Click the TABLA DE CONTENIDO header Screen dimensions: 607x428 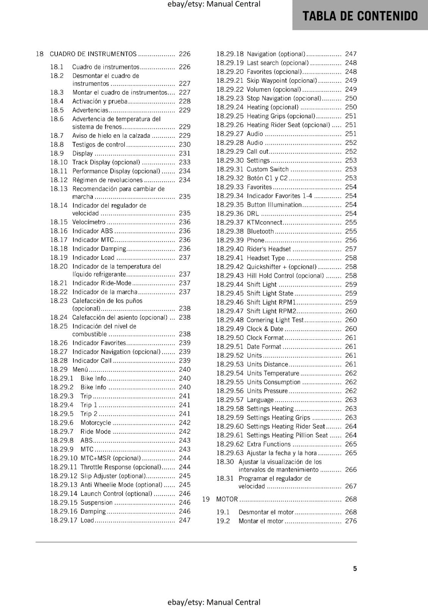click(x=360, y=16)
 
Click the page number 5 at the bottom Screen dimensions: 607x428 click(x=355, y=568)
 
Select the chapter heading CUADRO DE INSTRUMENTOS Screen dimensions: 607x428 click(x=93, y=54)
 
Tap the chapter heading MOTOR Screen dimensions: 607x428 click(x=227, y=499)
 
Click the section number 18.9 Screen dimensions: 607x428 click(x=57, y=153)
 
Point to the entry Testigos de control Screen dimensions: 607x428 click(x=98, y=145)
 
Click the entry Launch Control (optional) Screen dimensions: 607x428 click(x=116, y=494)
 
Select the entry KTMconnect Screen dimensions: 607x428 click(x=264, y=222)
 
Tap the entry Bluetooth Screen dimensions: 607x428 click(x=260, y=231)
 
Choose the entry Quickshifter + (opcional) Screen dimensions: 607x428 click(x=281, y=267)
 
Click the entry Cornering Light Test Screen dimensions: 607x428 click(x=275, y=320)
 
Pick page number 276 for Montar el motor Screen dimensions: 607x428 click(x=351, y=521)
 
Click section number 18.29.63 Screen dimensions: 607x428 click(x=230, y=453)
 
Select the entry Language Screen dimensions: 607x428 click(x=260, y=400)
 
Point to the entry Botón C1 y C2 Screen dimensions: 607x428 click(x=267, y=178)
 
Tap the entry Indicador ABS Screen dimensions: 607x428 click(x=93, y=231)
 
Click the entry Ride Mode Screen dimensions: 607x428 click(x=96, y=431)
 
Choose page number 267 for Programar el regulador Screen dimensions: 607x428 click(x=351, y=486)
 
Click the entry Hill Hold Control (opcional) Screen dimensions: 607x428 click(x=285, y=275)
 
